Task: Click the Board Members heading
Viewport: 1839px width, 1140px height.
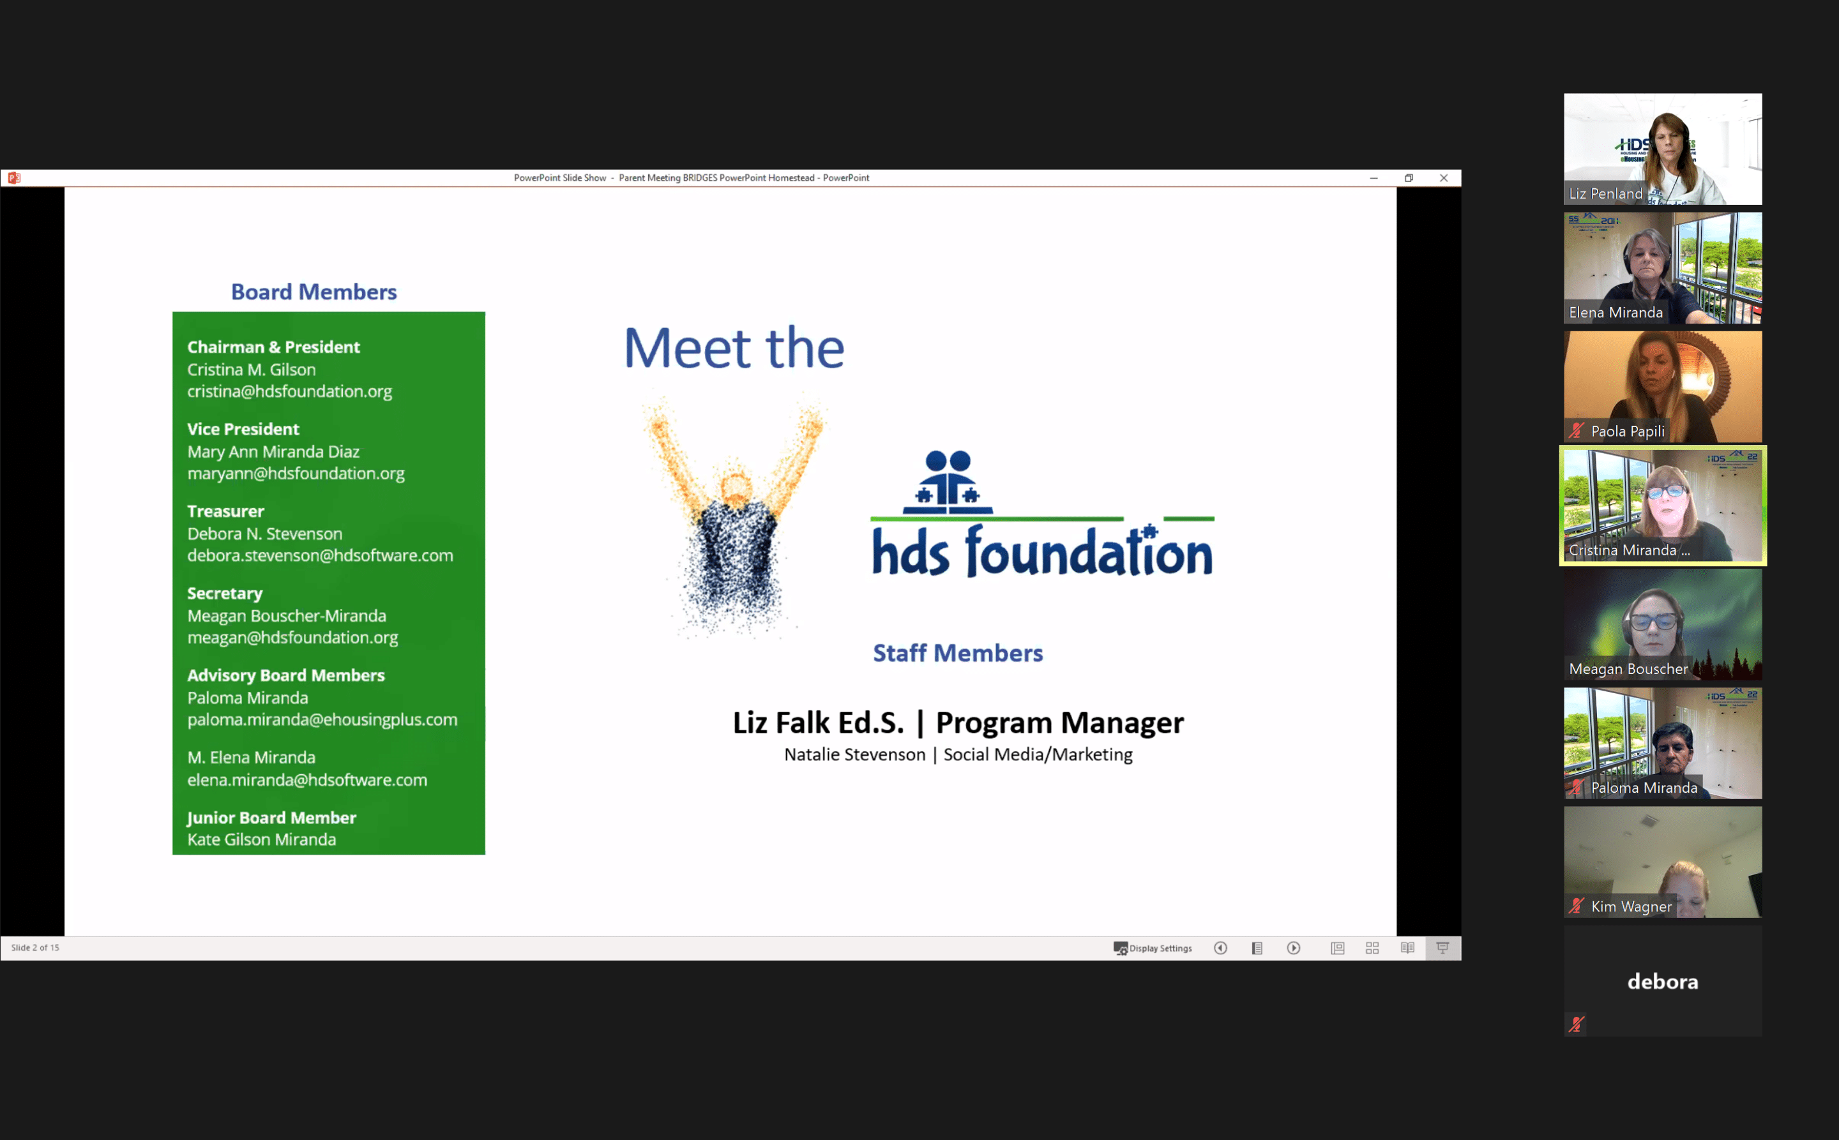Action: click(314, 292)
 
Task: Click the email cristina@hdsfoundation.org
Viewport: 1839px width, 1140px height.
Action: click(290, 391)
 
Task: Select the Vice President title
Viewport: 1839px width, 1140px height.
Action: click(243, 429)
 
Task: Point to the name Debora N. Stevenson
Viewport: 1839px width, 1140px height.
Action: click(265, 534)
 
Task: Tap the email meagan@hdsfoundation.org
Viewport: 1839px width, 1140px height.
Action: click(292, 638)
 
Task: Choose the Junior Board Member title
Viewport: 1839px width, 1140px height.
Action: click(271, 818)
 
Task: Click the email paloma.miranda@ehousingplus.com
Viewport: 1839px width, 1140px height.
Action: click(322, 720)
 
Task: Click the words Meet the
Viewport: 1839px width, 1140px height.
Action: click(734, 348)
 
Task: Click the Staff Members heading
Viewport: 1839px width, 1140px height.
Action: click(958, 653)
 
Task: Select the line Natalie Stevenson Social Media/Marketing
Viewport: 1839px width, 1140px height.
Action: click(958, 754)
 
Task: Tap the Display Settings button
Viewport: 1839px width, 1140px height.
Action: click(1153, 949)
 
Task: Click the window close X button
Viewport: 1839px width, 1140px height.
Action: click(1444, 178)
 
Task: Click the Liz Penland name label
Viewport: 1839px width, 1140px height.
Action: click(1605, 194)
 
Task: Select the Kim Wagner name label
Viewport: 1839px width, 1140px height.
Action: click(1631, 906)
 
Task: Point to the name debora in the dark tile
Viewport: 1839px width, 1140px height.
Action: click(1663, 981)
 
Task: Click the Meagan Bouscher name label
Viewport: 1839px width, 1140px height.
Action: click(1628, 669)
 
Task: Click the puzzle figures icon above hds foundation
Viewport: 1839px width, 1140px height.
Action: click(948, 483)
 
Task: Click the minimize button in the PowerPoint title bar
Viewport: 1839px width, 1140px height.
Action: click(1374, 178)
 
